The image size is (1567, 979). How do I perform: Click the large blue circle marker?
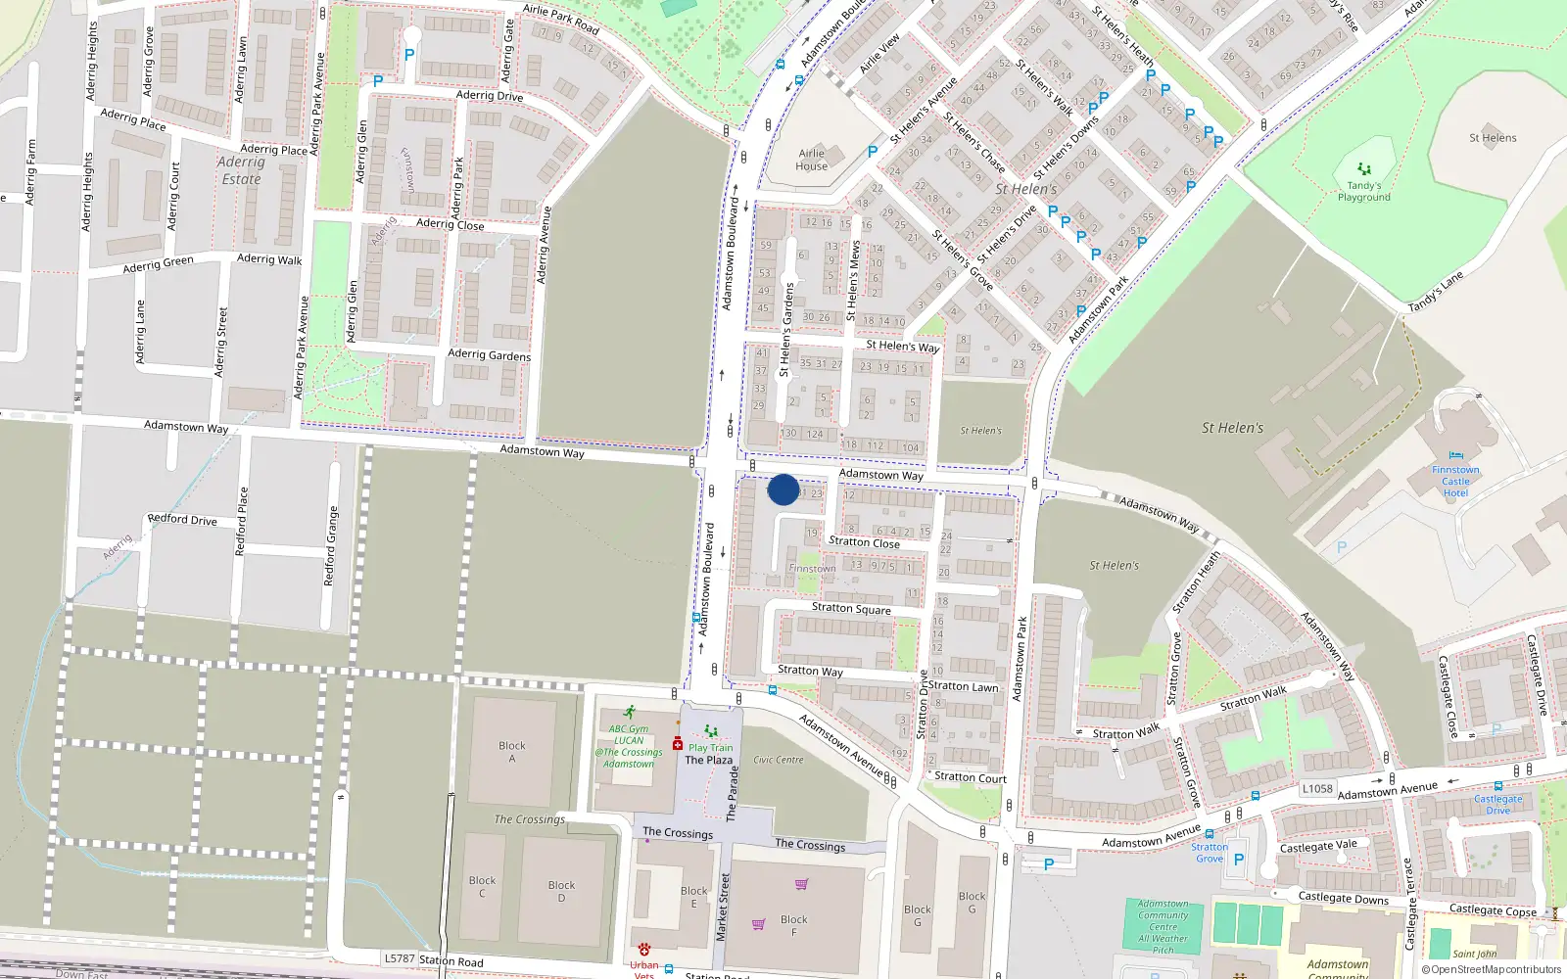pos(783,489)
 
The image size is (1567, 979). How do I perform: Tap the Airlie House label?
pos(811,160)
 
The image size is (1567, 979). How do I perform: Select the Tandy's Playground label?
pos(1364,191)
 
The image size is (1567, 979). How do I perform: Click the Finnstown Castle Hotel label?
pos(1455,481)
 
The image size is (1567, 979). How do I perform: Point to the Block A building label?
pos(511,752)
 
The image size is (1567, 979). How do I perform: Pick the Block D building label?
pos(561,891)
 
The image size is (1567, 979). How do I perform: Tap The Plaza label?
pos(708,760)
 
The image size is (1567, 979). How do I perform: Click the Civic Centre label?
pos(778,760)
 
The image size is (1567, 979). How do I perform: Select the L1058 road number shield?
pos(1317,788)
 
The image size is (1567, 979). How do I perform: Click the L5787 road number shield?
pos(400,958)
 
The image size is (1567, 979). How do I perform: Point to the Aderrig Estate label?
pos(241,170)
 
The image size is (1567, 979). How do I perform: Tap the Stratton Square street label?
pos(851,608)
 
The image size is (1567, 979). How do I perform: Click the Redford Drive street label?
pos(182,519)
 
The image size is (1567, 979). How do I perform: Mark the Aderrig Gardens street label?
pos(489,354)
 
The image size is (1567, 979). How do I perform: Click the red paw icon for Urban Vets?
pos(643,950)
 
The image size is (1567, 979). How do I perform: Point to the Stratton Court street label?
pos(970,777)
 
